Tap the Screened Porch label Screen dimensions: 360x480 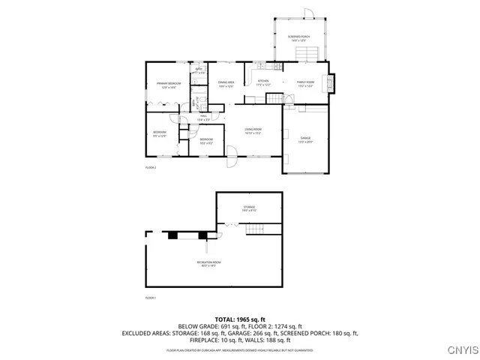[300, 37]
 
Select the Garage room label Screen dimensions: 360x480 [305, 139]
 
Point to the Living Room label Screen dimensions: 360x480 [253, 130]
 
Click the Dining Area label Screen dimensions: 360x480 [226, 84]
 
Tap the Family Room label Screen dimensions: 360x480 [305, 83]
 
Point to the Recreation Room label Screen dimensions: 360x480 [208, 262]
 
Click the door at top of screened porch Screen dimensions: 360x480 [308, 13]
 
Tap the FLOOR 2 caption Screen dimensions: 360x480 [150, 167]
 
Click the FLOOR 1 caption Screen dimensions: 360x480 [150, 298]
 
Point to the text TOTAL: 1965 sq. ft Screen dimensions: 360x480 [239, 319]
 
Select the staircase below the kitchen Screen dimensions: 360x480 [277, 100]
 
